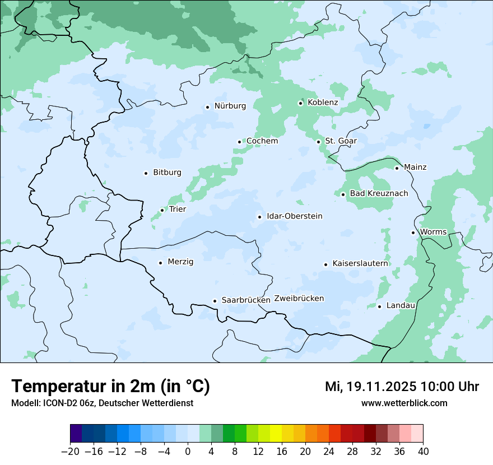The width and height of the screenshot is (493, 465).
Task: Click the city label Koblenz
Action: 323,103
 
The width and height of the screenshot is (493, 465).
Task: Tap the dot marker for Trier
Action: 162,210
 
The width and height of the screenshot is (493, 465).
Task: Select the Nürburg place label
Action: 230,106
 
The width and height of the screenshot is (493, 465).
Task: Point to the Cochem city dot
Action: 239,142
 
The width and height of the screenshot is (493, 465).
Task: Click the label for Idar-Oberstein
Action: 295,216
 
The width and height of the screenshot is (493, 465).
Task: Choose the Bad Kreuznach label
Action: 379,193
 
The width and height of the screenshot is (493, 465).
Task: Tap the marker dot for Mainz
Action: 397,168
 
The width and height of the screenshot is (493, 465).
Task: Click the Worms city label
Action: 433,232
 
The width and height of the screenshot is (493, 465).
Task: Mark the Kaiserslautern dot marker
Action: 325,264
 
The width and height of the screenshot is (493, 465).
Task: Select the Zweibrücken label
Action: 299,299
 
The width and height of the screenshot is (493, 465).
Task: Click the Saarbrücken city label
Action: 246,300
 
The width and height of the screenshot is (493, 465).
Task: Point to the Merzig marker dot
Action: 160,263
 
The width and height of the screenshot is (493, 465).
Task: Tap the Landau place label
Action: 401,305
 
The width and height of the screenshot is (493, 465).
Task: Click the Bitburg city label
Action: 167,173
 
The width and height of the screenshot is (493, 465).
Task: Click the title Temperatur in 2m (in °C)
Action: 110,386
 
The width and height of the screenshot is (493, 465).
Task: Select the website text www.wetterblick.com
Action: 404,403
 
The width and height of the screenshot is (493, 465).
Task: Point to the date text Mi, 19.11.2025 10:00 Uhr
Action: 402,387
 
